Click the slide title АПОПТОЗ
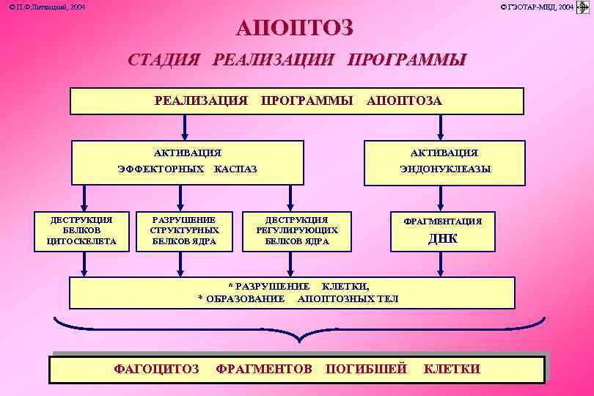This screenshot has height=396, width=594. [295, 29]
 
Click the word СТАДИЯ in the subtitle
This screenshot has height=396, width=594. [164, 60]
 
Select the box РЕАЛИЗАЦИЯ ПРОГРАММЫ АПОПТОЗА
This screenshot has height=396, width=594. [297, 101]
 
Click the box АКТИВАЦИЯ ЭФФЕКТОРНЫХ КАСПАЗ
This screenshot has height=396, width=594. [187, 161]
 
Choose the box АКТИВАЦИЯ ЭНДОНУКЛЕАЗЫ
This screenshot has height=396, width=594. [444, 161]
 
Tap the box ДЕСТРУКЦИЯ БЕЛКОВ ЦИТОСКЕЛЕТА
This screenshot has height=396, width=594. [81, 231]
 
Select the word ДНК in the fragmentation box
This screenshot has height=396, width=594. [442, 238]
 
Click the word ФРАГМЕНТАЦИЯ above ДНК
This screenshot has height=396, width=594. [444, 221]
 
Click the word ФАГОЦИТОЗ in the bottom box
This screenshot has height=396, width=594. [156, 369]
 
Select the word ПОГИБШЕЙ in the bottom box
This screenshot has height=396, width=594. [366, 369]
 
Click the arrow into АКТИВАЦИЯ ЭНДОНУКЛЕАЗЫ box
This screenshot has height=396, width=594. [440, 127]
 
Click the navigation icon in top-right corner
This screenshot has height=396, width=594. [584, 7]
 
